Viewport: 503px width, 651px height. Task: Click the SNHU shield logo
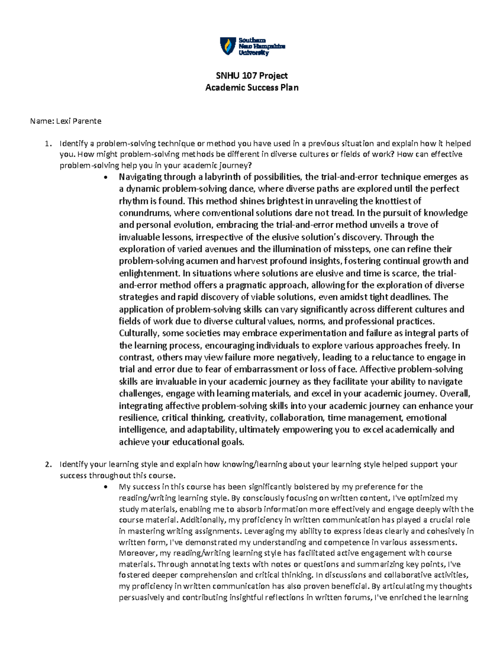pos(228,46)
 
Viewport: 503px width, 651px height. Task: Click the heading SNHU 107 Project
pos(251,75)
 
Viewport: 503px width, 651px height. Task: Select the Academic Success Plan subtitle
pos(251,88)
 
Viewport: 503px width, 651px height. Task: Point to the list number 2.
pos(48,464)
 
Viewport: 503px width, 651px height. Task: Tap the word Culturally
pos(139,334)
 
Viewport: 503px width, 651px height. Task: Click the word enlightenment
pos(148,273)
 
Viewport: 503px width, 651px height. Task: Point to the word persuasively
pos(141,597)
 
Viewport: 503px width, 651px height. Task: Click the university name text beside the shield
pos(262,47)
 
